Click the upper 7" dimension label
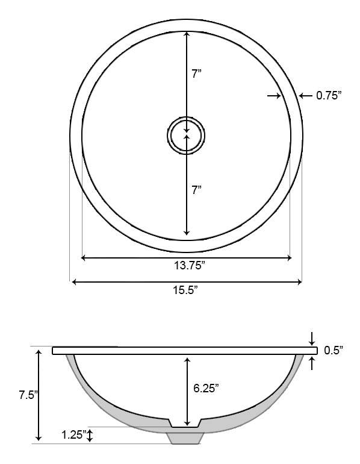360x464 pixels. pyautogui.click(x=196, y=74)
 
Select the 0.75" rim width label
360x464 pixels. pyautogui.click(x=329, y=95)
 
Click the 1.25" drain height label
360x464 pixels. pyautogui.click(x=73, y=434)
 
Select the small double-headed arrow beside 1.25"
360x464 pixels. pyautogui.click(x=90, y=435)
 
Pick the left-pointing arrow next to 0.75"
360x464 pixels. pyautogui.click(x=305, y=95)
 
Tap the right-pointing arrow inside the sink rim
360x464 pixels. pyautogui.click(x=275, y=95)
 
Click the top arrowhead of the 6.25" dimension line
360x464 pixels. pyautogui.click(x=188, y=360)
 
